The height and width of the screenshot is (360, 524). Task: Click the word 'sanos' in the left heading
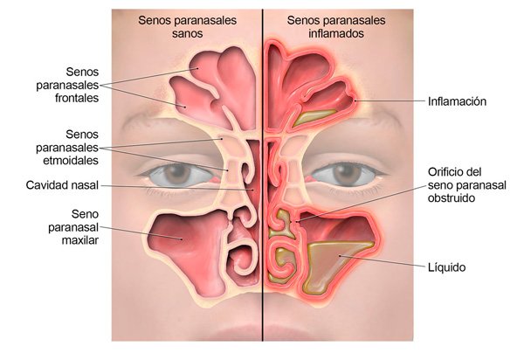(x=187, y=33)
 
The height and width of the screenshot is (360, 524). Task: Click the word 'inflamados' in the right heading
(x=336, y=33)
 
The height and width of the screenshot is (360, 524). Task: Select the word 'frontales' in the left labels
(x=77, y=98)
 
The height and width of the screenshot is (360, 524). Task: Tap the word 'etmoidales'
(x=71, y=161)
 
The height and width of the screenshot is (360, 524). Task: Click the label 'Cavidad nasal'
(x=62, y=185)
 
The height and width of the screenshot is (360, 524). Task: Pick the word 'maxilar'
(x=80, y=240)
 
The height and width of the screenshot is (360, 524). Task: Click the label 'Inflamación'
(x=457, y=101)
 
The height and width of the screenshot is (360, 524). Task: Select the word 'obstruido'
(x=452, y=197)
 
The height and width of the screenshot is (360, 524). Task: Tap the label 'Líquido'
(x=447, y=267)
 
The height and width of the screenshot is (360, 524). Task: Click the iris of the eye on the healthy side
(x=177, y=174)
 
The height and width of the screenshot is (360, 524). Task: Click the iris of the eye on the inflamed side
(x=348, y=174)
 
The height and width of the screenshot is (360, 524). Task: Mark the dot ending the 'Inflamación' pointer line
(x=355, y=100)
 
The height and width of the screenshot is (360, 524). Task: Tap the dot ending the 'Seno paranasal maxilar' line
(x=182, y=239)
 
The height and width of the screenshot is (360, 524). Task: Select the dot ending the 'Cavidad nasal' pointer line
(x=253, y=190)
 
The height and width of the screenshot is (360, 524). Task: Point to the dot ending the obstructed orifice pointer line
(x=298, y=220)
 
